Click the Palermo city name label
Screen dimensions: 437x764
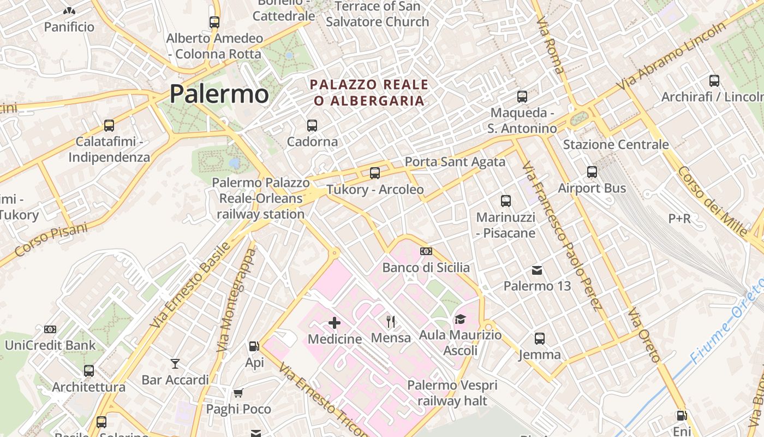pos(219,93)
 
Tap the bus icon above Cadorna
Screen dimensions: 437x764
pos(312,126)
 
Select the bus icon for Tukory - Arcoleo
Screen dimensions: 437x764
pos(375,173)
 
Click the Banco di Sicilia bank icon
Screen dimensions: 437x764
pos(426,251)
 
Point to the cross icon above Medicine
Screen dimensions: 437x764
pos(335,323)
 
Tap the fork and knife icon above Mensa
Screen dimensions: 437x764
pos(391,322)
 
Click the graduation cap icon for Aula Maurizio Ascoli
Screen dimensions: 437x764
pos(460,319)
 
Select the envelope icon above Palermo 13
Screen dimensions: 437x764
pos(538,270)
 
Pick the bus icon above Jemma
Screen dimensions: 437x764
pos(540,339)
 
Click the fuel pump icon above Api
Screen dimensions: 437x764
pos(254,346)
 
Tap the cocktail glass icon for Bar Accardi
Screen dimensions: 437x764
pos(175,364)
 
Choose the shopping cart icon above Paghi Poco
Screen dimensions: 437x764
pos(238,393)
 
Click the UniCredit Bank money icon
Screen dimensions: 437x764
pos(50,329)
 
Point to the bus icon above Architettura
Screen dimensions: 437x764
pos(89,371)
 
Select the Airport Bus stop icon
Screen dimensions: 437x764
pos(592,172)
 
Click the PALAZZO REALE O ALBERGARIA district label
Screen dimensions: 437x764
pos(369,93)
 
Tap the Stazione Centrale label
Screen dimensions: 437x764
pos(616,145)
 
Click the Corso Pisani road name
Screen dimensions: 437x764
pos(51,241)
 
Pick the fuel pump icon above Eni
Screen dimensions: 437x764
pos(682,416)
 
